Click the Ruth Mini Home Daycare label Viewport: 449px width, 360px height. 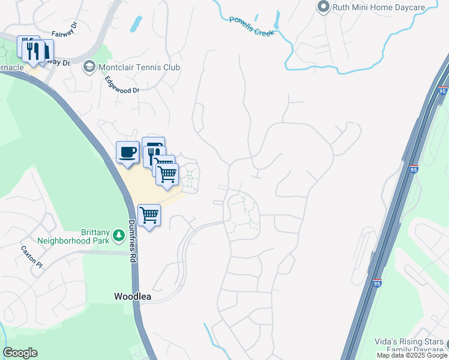click(388, 7)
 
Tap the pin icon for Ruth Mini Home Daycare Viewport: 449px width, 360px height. click(324, 7)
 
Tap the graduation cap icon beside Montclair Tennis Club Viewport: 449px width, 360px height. click(89, 67)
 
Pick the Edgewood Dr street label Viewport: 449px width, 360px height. click(122, 85)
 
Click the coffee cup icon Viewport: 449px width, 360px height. click(127, 152)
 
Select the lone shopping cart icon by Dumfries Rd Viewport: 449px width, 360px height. click(149, 215)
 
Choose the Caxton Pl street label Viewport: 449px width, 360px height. click(32, 256)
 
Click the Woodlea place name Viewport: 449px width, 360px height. click(133, 296)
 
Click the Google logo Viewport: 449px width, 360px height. click(20, 353)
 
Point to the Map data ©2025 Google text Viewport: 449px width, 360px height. click(412, 356)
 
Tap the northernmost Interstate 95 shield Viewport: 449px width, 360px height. click(443, 91)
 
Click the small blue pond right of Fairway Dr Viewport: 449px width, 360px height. click(137, 23)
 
